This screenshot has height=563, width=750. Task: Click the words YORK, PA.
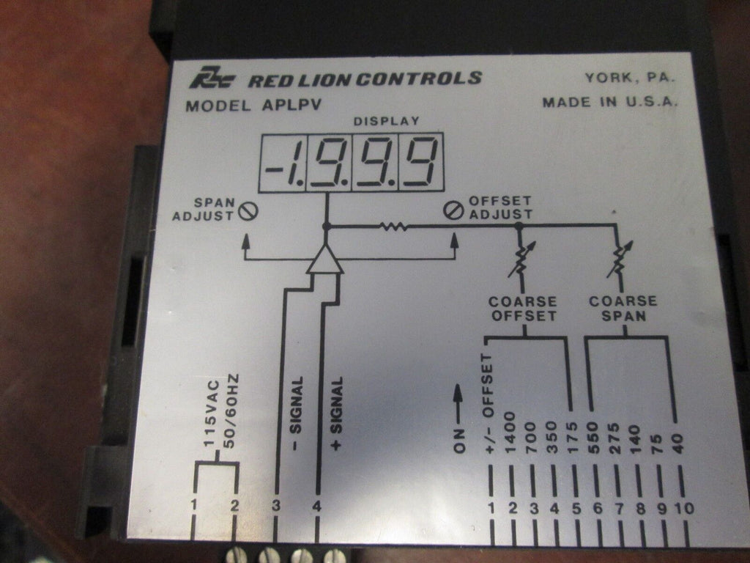(x=630, y=77)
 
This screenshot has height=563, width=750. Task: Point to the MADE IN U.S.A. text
(x=610, y=102)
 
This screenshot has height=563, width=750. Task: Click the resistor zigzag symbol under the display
(x=393, y=228)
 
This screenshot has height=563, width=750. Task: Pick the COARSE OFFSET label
(x=523, y=309)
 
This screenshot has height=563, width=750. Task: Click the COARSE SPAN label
(x=623, y=309)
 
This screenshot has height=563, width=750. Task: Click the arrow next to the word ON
(x=460, y=401)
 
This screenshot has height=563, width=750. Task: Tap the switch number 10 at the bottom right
(x=686, y=508)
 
